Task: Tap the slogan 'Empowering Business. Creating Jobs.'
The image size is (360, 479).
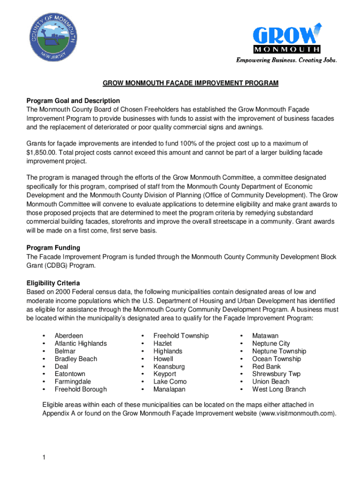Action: [x=286, y=60]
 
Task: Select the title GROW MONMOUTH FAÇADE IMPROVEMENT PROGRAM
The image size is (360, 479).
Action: [x=191, y=83]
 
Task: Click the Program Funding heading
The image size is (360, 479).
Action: [x=53, y=247]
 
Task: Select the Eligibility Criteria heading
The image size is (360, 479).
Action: [x=53, y=283]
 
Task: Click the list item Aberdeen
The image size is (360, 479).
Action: [x=69, y=336]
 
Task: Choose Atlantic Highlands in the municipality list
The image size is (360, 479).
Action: [x=80, y=343]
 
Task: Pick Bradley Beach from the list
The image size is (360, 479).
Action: [x=76, y=359]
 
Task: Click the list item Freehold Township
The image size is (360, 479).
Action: [x=181, y=336]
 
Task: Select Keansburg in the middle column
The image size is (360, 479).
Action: [x=169, y=366]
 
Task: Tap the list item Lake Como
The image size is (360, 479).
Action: [x=170, y=382]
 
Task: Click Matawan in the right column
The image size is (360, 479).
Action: [x=265, y=336]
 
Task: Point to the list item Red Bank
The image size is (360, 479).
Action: [x=266, y=366]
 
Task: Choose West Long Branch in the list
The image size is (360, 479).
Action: [x=279, y=389]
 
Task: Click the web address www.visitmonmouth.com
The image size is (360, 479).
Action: [x=296, y=414]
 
